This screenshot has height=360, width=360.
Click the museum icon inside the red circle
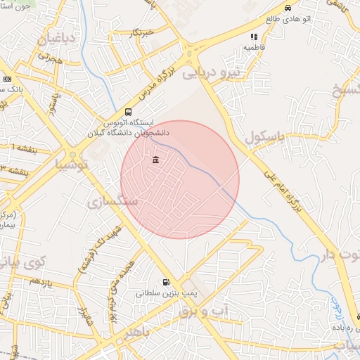[x=155, y=160]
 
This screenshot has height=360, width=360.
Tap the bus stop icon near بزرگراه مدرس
[x=128, y=112]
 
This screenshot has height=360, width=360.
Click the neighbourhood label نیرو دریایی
[x=211, y=71]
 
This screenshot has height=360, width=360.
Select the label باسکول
[x=264, y=136]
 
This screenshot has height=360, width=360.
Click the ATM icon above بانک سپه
[x=7, y=79]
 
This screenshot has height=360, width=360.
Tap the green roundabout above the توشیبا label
[x=72, y=154]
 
